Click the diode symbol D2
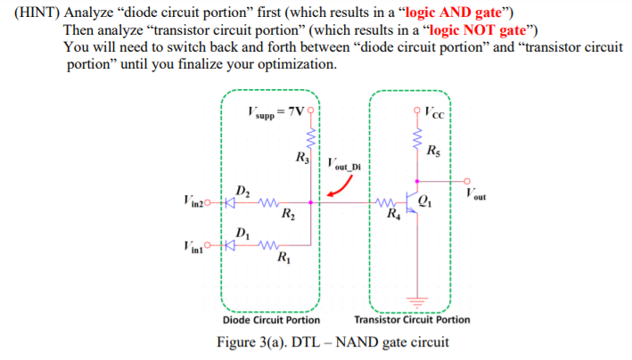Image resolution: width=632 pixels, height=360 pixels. pyautogui.click(x=230, y=202)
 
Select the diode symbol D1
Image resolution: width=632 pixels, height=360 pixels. pyautogui.click(x=230, y=245)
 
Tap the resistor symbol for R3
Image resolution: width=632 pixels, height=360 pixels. pyautogui.click(x=311, y=139)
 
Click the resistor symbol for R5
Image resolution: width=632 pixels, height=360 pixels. pyautogui.click(x=417, y=138)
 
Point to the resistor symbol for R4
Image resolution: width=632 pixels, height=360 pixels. pyautogui.click(x=386, y=202)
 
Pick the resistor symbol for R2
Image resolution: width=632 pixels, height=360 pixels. pyautogui.click(x=268, y=202)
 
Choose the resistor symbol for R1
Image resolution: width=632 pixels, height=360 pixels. pyautogui.click(x=268, y=245)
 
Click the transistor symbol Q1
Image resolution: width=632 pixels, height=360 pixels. pyautogui.click(x=413, y=203)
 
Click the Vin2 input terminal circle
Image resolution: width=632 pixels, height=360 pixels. pyautogui.click(x=208, y=202)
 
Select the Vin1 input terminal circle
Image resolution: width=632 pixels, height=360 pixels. pyautogui.click(x=208, y=245)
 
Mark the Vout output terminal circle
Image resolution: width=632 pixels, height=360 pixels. pyautogui.click(x=467, y=182)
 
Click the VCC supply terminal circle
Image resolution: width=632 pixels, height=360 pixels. pyautogui.click(x=417, y=110)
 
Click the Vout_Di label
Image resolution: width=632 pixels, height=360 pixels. pyautogui.click(x=344, y=165)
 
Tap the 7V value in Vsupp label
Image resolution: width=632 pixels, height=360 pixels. pyautogui.click(x=296, y=111)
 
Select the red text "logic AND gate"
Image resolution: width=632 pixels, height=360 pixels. pyautogui.click(x=453, y=12)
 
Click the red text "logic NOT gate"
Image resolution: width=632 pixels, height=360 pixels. pyautogui.click(x=478, y=29)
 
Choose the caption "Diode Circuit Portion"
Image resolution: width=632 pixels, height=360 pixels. pyautogui.click(x=271, y=320)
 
